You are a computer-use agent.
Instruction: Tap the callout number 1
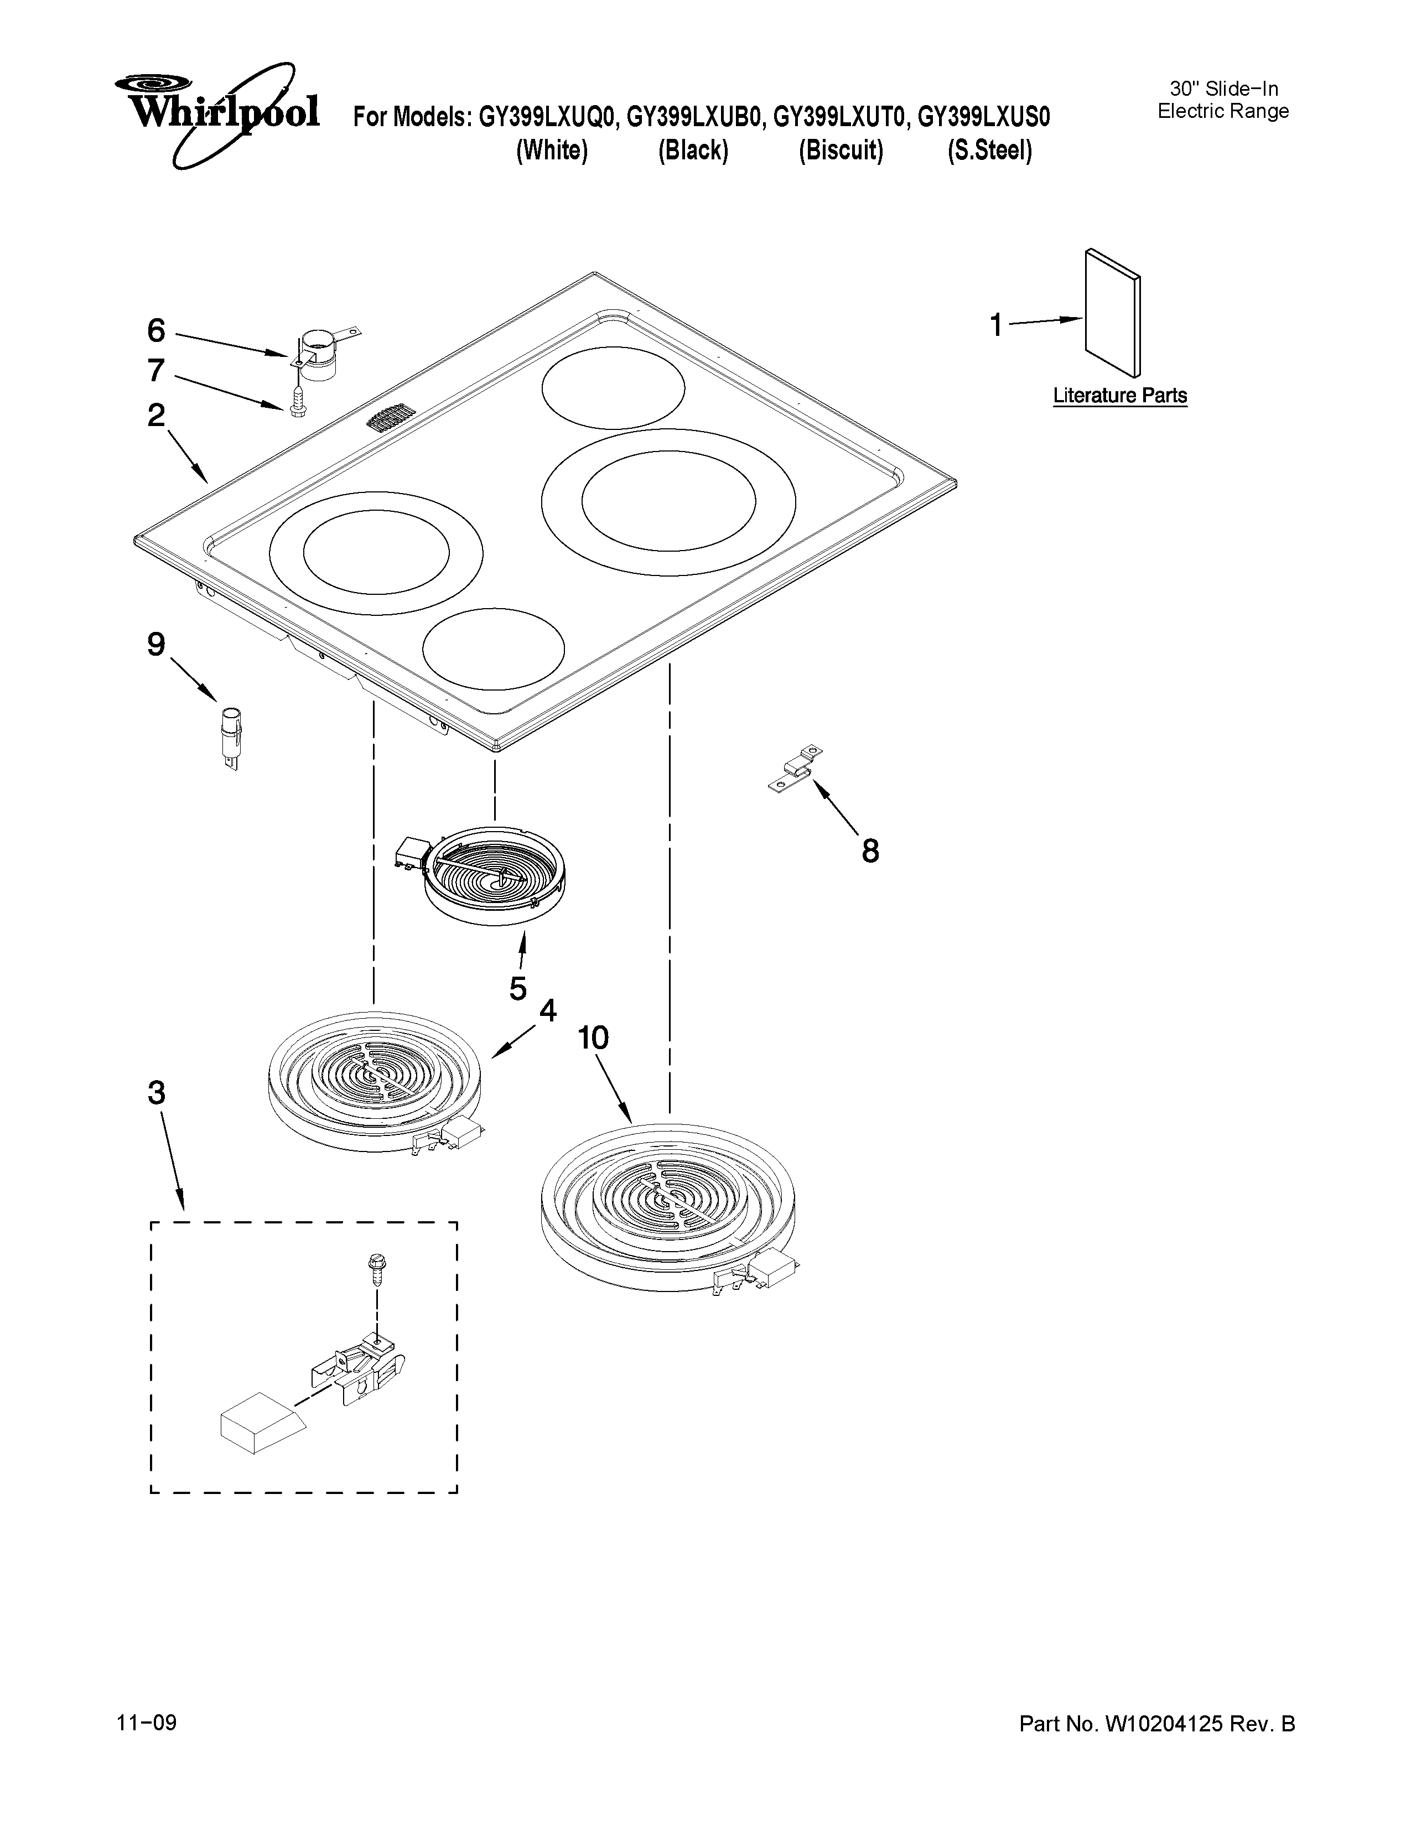(x=995, y=325)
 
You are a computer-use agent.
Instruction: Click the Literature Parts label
(x=1119, y=396)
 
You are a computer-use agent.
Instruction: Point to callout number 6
(x=156, y=331)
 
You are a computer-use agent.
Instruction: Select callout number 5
(x=518, y=988)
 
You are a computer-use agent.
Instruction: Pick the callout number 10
(x=594, y=1039)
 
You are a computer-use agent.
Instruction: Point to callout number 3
(x=156, y=1093)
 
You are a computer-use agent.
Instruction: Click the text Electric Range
(x=1223, y=111)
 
